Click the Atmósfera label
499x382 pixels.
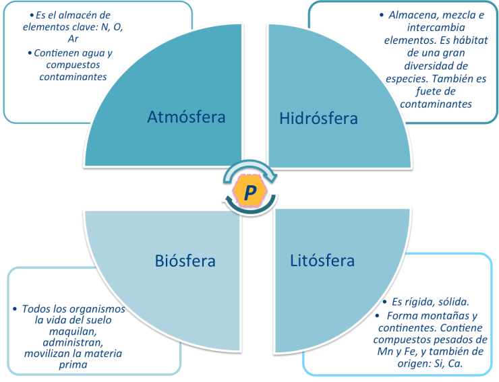(186, 117)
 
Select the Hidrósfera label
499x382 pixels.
(318, 119)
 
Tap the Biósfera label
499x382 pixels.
(185, 260)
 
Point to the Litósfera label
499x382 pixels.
(322, 260)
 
